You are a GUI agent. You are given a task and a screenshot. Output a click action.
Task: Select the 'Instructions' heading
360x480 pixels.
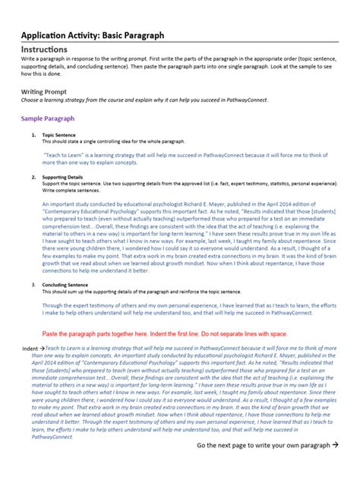pyautogui.click(x=45, y=49)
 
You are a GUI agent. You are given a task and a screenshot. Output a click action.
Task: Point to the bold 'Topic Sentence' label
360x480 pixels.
pyautogui.click(x=59, y=134)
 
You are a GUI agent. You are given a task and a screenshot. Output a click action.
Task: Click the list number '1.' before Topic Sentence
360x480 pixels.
pyautogui.click(x=33, y=134)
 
